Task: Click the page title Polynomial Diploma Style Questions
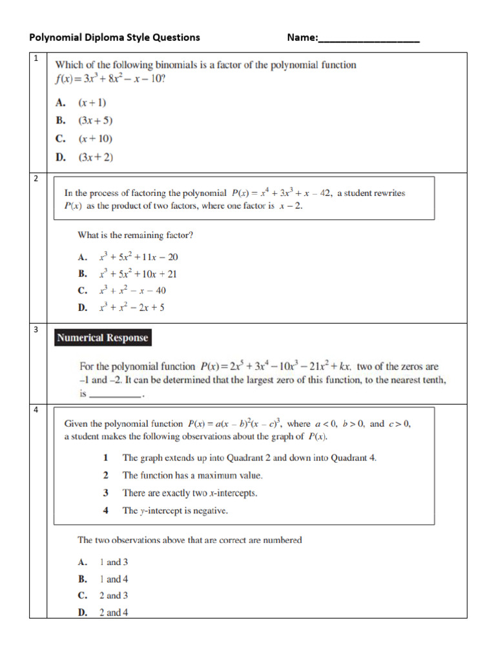114,37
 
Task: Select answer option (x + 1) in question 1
92,102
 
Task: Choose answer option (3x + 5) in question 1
95,120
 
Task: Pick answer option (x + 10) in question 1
95,138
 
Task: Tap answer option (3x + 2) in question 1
95,156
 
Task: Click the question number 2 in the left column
36,178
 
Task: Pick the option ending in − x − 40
132,290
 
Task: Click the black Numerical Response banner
102,337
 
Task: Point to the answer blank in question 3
115,394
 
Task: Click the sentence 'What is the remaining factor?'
135,235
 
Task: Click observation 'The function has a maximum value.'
192,475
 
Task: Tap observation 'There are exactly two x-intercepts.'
190,493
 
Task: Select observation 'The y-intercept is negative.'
175,510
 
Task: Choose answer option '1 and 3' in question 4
113,562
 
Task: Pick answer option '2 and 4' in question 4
113,612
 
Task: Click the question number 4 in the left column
36,410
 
